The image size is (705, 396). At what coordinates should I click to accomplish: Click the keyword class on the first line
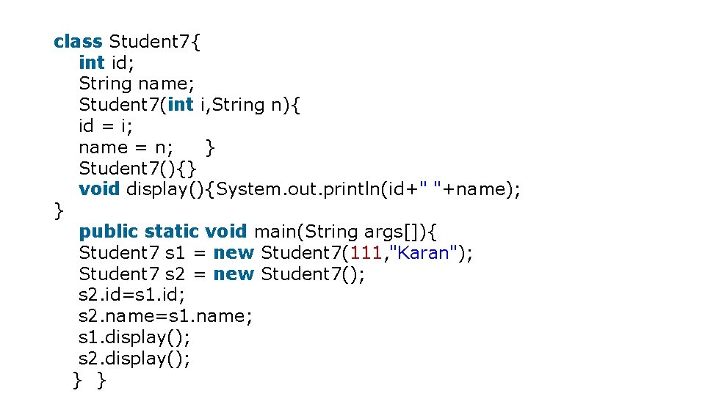point(78,41)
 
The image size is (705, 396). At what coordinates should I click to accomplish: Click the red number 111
point(365,253)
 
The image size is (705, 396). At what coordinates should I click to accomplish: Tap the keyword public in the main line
point(108,232)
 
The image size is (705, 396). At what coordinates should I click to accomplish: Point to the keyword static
point(172,232)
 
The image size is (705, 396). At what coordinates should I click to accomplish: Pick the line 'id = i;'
point(106,126)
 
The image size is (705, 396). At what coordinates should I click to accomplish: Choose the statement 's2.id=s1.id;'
point(132,296)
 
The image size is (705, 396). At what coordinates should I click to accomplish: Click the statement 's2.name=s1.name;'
point(165,316)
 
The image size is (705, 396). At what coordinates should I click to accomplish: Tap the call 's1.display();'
point(134,337)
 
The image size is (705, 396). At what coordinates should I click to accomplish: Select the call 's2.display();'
point(134,359)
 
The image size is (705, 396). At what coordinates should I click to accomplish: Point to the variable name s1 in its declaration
point(174,253)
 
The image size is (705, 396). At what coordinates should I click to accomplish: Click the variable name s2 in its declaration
point(174,274)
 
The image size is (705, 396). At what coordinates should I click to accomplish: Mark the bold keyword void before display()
point(99,189)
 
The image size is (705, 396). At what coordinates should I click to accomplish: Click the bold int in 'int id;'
point(92,62)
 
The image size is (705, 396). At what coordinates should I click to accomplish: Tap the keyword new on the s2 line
point(234,274)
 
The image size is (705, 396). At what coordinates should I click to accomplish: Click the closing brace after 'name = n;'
point(211,147)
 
